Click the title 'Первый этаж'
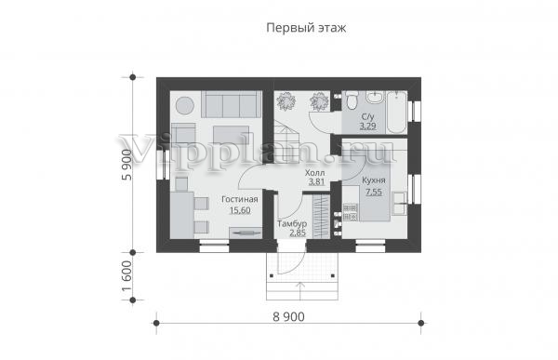[306, 28]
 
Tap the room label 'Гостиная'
[240, 199]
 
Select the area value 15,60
[240, 210]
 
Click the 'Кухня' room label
[374, 180]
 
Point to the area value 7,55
[374, 192]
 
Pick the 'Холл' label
[315, 173]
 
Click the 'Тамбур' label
[292, 224]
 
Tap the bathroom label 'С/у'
[368, 116]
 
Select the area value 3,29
[368, 127]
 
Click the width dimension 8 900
[288, 316]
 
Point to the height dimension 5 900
[126, 165]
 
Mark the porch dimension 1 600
[126, 276]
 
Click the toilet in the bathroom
[352, 100]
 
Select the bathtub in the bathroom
[396, 113]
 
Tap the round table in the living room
[185, 105]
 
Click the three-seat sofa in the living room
[232, 104]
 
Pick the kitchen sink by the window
[399, 204]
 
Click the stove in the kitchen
[351, 212]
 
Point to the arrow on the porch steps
[301, 291]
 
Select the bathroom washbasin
[375, 98]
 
